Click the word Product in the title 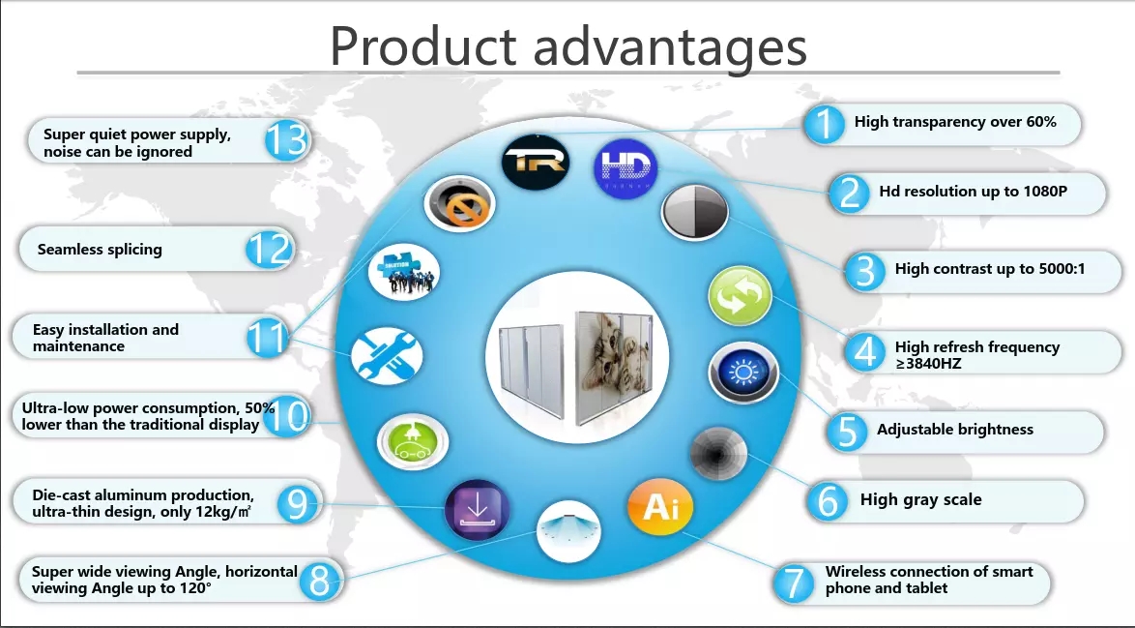click(422, 46)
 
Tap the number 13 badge click(287, 139)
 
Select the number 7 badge click(794, 583)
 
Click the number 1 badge click(825, 124)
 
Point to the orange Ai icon click(660, 506)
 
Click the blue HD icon click(626, 168)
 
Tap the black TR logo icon click(536, 162)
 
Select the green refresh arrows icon click(740, 295)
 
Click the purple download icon click(477, 510)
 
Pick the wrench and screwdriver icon click(388, 356)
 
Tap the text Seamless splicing click(100, 250)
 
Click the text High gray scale click(920, 500)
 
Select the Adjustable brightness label click(955, 430)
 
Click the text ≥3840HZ click(929, 364)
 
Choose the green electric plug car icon click(413, 441)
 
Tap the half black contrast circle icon click(695, 212)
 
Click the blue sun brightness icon click(743, 373)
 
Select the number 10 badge click(288, 416)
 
